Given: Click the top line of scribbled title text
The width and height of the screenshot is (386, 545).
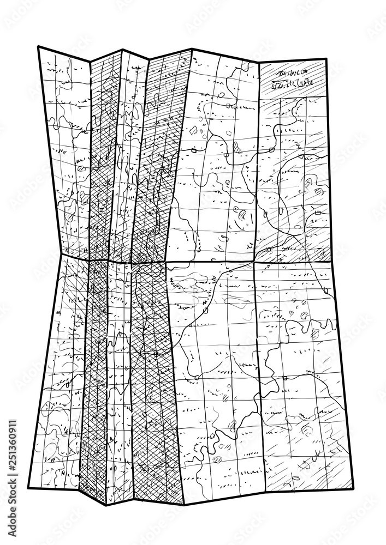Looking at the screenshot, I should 292,72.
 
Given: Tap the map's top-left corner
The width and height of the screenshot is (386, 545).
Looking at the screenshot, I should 39,47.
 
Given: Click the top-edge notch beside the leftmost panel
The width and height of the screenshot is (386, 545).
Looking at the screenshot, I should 91,59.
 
